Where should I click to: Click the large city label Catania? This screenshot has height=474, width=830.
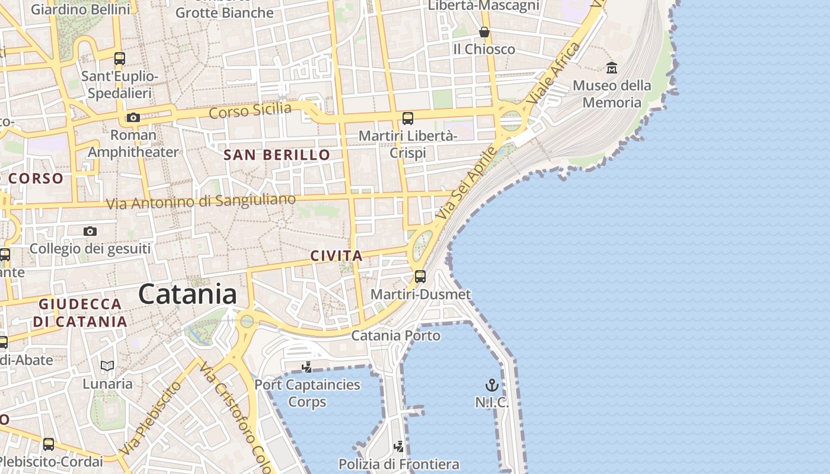188,294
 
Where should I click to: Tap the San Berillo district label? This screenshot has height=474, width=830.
276,155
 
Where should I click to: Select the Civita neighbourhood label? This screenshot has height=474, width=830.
336,256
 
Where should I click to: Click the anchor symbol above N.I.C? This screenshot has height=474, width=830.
491,386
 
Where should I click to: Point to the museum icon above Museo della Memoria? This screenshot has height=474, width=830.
612,68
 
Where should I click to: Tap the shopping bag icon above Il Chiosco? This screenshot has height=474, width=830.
484,32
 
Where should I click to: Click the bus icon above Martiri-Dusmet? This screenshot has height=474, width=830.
420,276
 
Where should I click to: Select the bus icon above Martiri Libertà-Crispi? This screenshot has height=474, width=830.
408,118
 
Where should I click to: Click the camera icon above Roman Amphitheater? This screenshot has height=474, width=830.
133,117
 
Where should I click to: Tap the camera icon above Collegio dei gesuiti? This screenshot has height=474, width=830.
90,231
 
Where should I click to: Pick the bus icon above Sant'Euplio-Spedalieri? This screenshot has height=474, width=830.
120,59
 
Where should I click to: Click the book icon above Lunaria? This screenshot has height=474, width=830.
107,366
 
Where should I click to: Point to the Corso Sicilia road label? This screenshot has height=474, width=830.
250,110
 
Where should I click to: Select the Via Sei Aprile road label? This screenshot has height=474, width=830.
467,184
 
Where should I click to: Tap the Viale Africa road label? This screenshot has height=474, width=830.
554,73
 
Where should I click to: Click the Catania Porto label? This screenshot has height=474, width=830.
396,335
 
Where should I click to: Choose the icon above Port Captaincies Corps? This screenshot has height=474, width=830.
307,367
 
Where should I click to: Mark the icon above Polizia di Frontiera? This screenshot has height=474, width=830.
399,446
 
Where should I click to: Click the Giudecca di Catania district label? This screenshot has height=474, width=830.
80,313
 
